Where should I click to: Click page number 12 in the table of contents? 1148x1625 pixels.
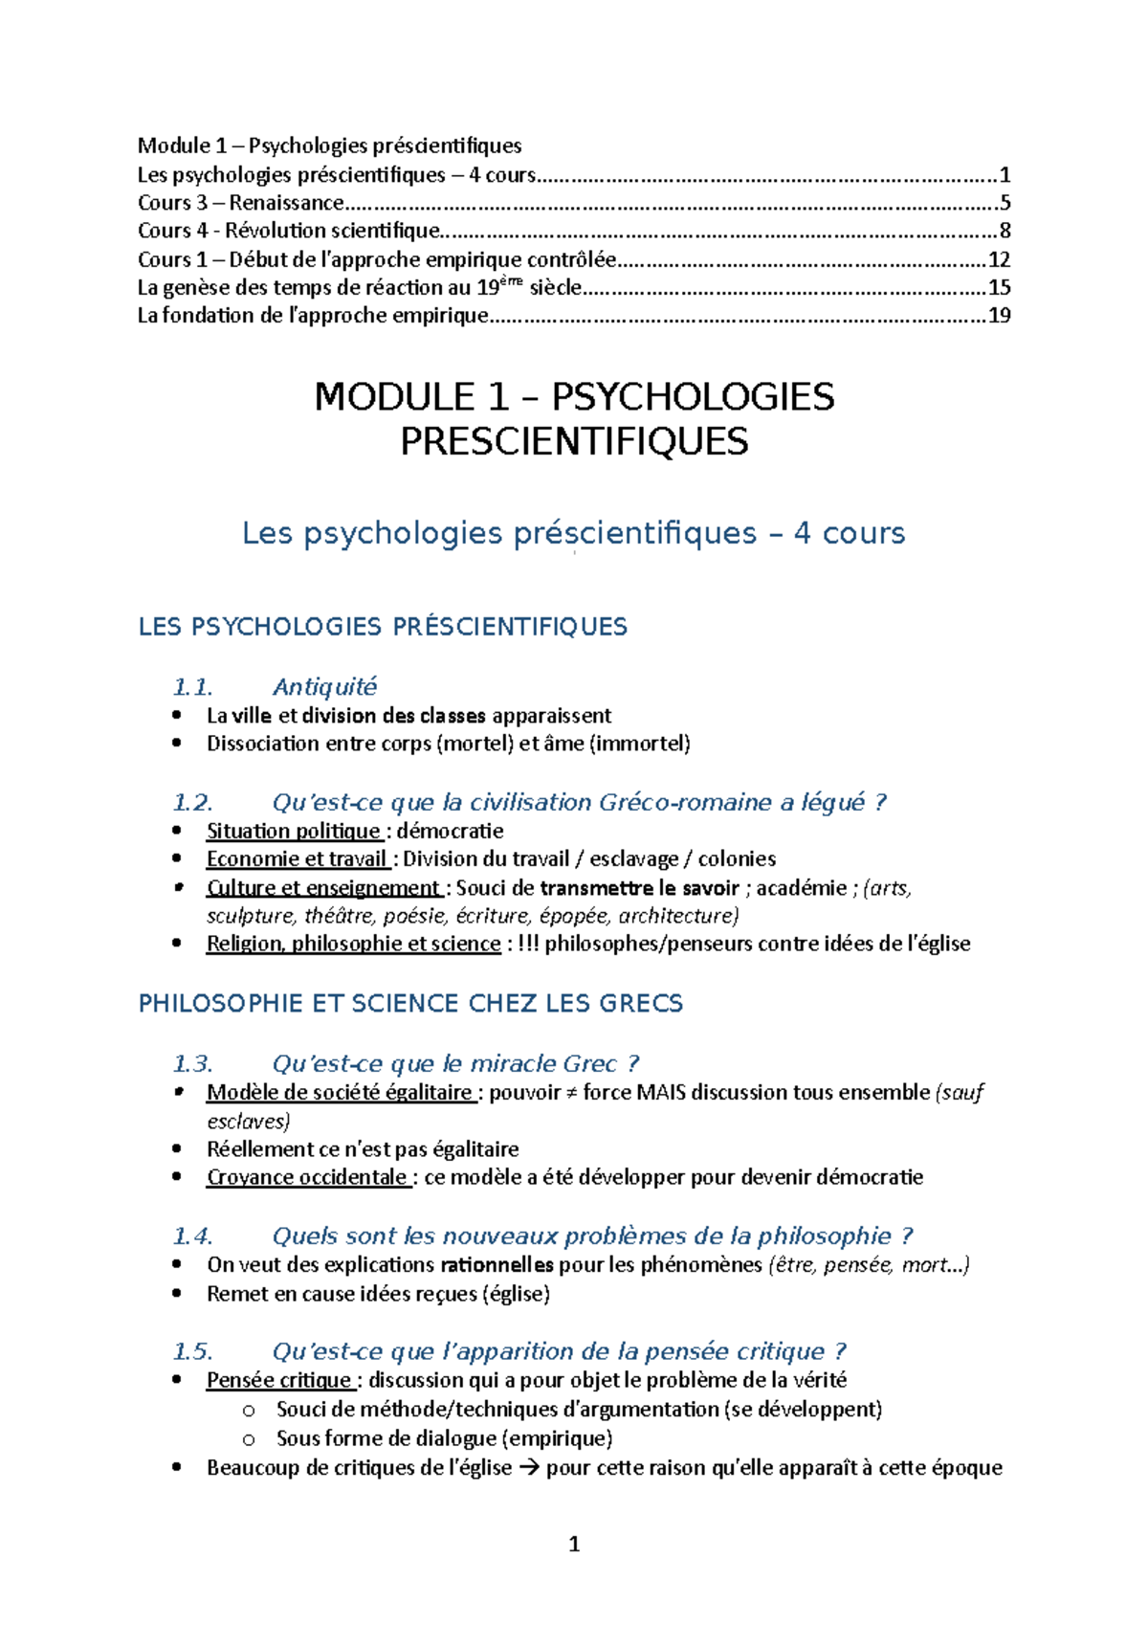point(999,259)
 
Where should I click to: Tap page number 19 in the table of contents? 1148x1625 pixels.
point(999,316)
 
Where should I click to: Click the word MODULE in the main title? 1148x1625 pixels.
point(394,397)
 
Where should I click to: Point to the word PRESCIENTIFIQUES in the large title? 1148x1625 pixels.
point(574,441)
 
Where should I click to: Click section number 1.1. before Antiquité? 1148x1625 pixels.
point(192,687)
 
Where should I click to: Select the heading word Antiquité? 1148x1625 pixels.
point(324,687)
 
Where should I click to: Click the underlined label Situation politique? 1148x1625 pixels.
point(294,831)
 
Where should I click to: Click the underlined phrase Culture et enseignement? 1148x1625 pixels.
point(322,888)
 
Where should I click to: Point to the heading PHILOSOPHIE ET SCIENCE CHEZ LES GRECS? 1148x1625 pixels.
point(410,1003)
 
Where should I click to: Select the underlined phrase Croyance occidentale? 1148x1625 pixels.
point(307,1177)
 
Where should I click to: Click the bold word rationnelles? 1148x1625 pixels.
point(497,1265)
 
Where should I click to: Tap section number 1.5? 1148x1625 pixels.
point(192,1351)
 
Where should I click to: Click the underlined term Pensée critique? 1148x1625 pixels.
point(278,1380)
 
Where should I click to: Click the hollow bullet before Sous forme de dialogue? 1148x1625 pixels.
point(249,1439)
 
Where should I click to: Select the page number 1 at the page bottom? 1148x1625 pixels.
point(574,1544)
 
